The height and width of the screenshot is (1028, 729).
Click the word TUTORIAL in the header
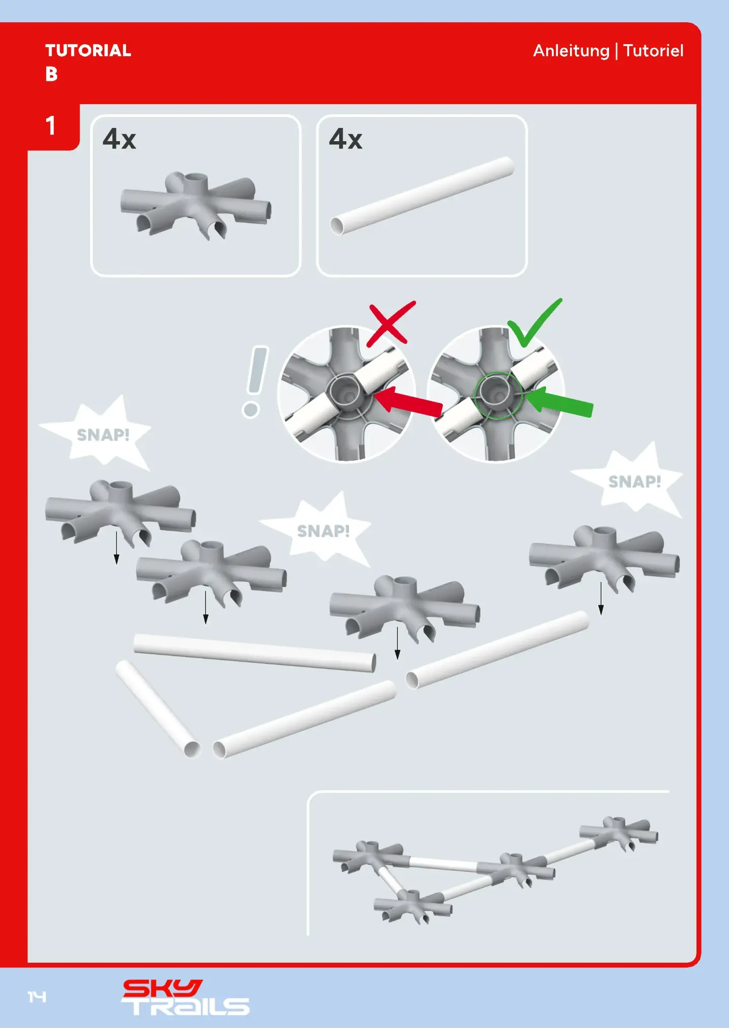pos(88,51)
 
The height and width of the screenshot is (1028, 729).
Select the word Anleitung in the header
pos(571,51)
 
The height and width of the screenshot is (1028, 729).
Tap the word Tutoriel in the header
pos(653,51)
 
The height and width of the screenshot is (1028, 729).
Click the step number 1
pos(51,125)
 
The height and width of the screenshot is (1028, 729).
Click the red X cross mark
pos(391,324)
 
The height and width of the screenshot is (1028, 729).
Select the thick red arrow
pos(408,402)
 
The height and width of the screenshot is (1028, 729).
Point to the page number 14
pos(37,997)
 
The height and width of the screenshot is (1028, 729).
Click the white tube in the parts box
pos(422,196)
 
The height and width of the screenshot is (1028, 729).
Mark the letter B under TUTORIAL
pos(51,74)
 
